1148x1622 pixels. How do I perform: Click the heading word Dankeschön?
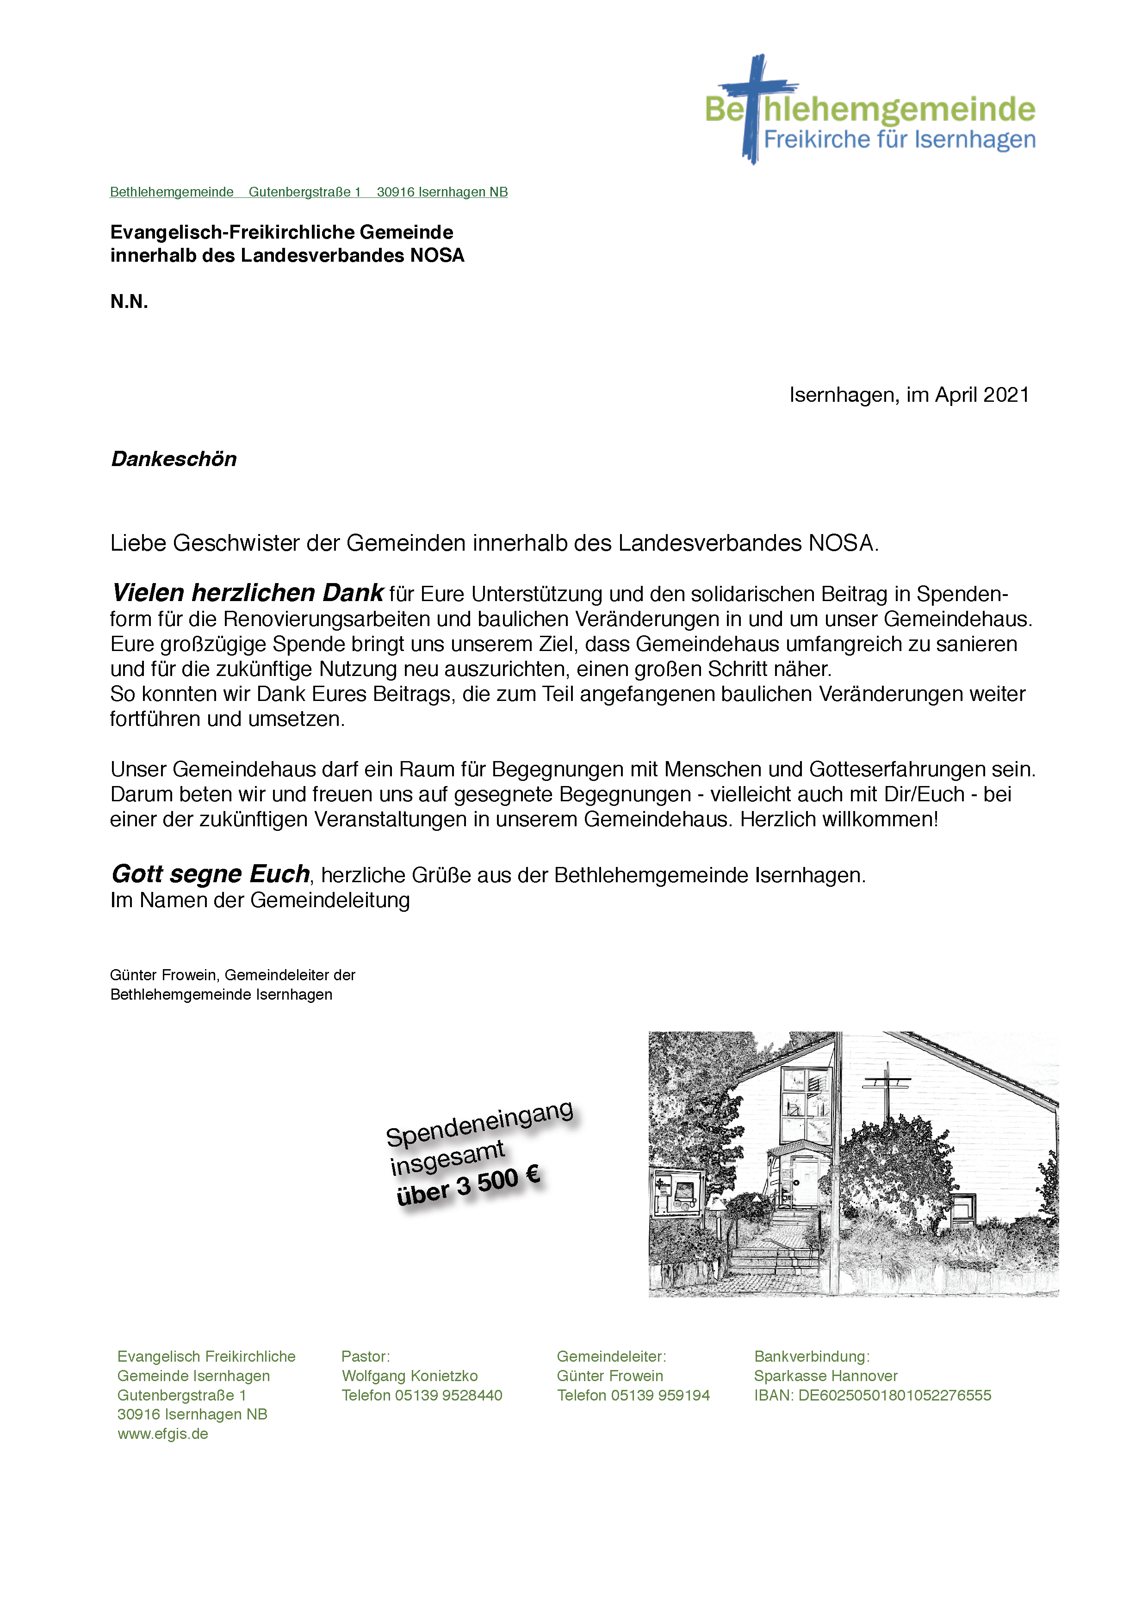[174, 459]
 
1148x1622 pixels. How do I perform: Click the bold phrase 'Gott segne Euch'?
[211, 875]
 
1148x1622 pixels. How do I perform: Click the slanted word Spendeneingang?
[479, 1123]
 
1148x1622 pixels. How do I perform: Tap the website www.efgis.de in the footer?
[162, 1434]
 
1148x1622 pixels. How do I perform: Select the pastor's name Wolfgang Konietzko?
[410, 1376]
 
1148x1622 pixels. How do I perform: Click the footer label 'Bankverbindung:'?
[812, 1357]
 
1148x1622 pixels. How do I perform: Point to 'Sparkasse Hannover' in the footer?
[825, 1376]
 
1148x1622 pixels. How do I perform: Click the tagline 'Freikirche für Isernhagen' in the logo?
[899, 140]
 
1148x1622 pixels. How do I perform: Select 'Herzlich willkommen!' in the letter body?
[839, 819]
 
